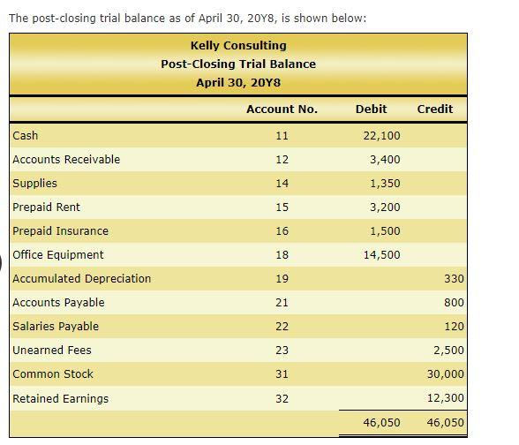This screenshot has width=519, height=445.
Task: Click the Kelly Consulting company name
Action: point(238,45)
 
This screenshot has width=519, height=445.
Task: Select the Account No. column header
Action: point(282,109)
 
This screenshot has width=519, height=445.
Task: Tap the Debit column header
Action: point(371,109)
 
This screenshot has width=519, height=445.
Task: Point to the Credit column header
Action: point(434,109)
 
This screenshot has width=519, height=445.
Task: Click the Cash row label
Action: point(26,136)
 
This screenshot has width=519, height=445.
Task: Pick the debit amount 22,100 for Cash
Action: point(381,136)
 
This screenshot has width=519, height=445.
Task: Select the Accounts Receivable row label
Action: point(66,160)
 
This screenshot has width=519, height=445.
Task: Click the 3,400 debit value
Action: point(385,160)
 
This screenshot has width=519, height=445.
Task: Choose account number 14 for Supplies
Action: point(282,184)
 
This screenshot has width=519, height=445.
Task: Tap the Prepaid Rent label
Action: point(46,207)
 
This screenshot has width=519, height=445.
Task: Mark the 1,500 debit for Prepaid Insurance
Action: point(385,231)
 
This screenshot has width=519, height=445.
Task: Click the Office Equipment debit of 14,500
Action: point(381,255)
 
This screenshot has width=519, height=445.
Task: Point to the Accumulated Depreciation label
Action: point(81,279)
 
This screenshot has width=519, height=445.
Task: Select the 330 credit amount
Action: point(454,279)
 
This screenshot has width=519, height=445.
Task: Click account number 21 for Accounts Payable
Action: point(282,303)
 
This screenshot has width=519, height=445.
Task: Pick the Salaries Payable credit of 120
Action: point(454,327)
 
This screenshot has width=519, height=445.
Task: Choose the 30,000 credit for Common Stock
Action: point(446,374)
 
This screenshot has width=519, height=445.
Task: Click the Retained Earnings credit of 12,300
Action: point(446,398)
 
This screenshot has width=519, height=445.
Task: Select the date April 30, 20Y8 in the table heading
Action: point(238,82)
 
